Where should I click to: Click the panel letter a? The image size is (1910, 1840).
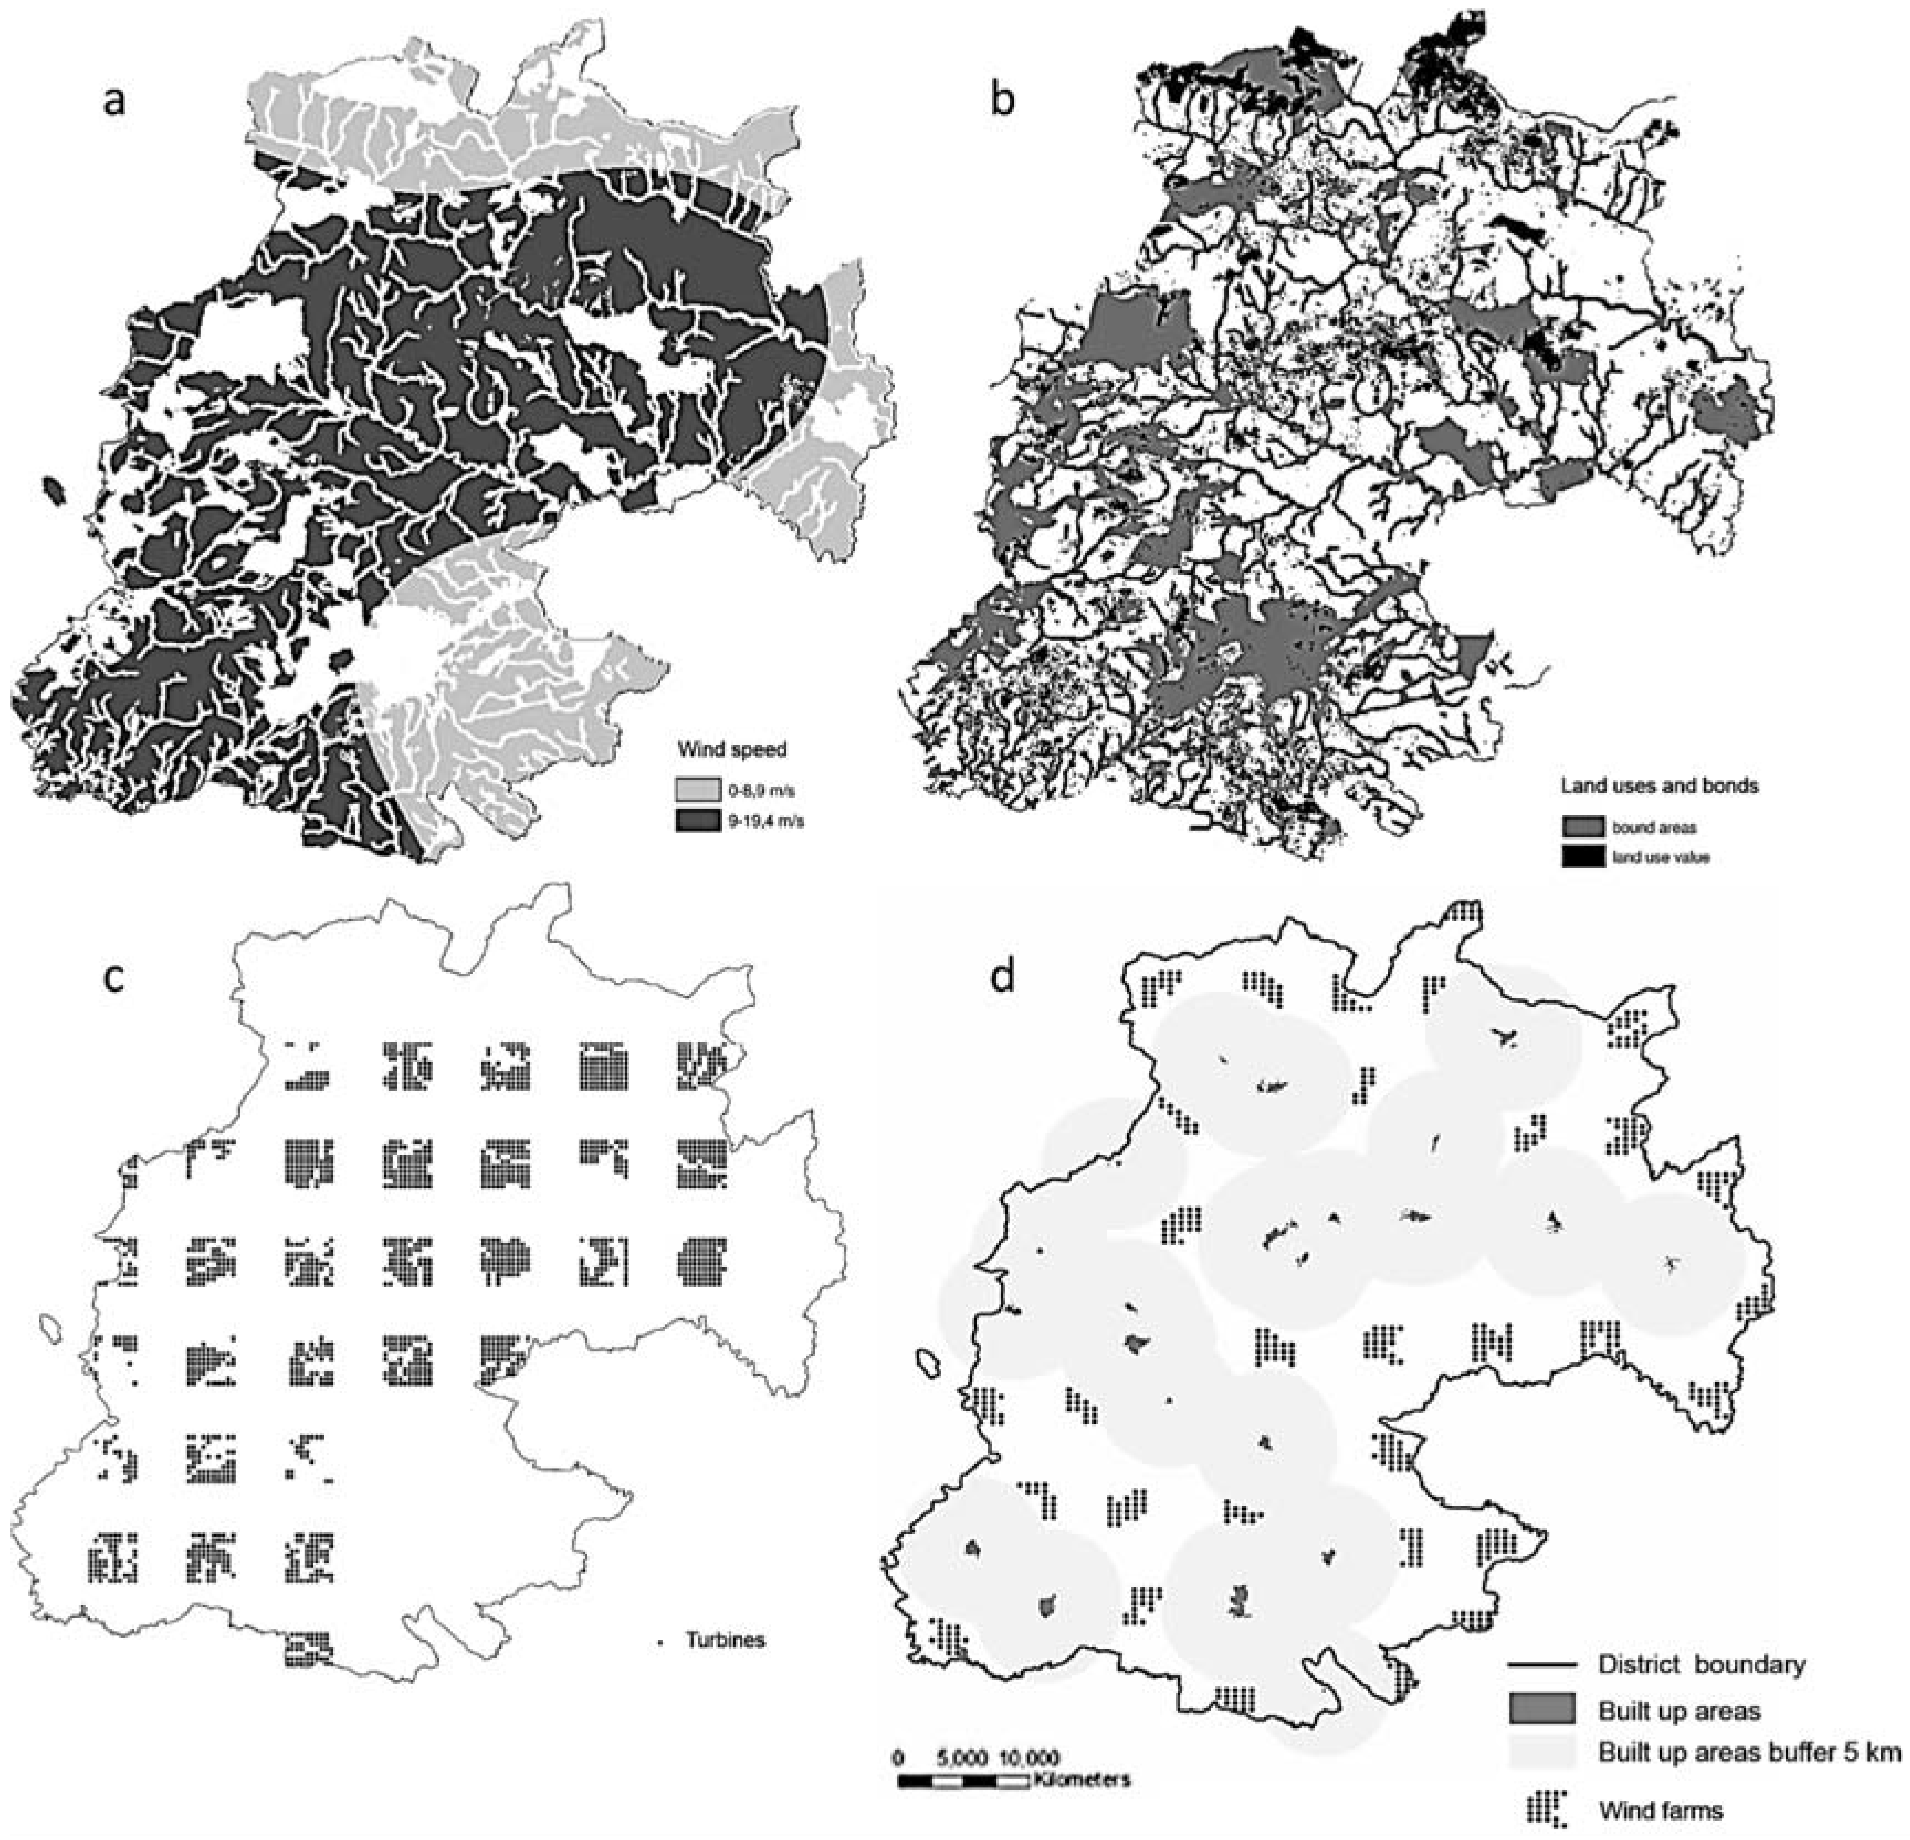pyautogui.click(x=115, y=101)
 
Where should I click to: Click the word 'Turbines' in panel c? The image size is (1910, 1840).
pyautogui.click(x=725, y=1640)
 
